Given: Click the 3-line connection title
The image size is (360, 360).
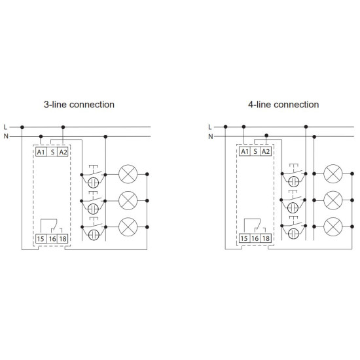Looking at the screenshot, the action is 79,105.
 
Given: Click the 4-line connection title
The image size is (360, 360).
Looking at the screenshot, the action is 283,105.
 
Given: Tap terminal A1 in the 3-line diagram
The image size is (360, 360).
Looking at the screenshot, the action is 41,152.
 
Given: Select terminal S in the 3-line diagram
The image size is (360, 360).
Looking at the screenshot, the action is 52,152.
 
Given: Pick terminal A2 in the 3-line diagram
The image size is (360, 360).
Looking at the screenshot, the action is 63,152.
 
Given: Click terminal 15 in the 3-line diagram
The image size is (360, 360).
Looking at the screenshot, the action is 41,239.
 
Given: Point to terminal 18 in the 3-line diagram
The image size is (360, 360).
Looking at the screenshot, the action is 63,239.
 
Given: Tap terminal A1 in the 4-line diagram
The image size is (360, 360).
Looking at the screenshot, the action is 245,152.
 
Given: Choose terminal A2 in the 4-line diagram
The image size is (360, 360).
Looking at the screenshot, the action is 266,152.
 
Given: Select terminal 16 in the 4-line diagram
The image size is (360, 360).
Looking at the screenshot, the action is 255,238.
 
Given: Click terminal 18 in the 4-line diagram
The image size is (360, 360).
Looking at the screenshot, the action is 266,238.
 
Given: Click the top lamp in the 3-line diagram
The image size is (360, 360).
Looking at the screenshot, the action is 128,174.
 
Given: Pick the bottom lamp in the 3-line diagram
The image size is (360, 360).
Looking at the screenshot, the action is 128,227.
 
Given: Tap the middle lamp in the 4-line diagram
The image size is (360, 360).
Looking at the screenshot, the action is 333,200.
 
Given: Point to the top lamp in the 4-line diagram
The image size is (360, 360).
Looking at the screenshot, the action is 333,174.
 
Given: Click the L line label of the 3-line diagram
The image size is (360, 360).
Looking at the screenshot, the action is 5,127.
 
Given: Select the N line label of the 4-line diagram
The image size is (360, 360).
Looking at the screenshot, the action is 211,136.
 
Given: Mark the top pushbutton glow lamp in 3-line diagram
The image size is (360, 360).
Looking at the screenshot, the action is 94,183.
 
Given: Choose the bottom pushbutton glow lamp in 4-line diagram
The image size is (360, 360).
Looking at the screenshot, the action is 293,234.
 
